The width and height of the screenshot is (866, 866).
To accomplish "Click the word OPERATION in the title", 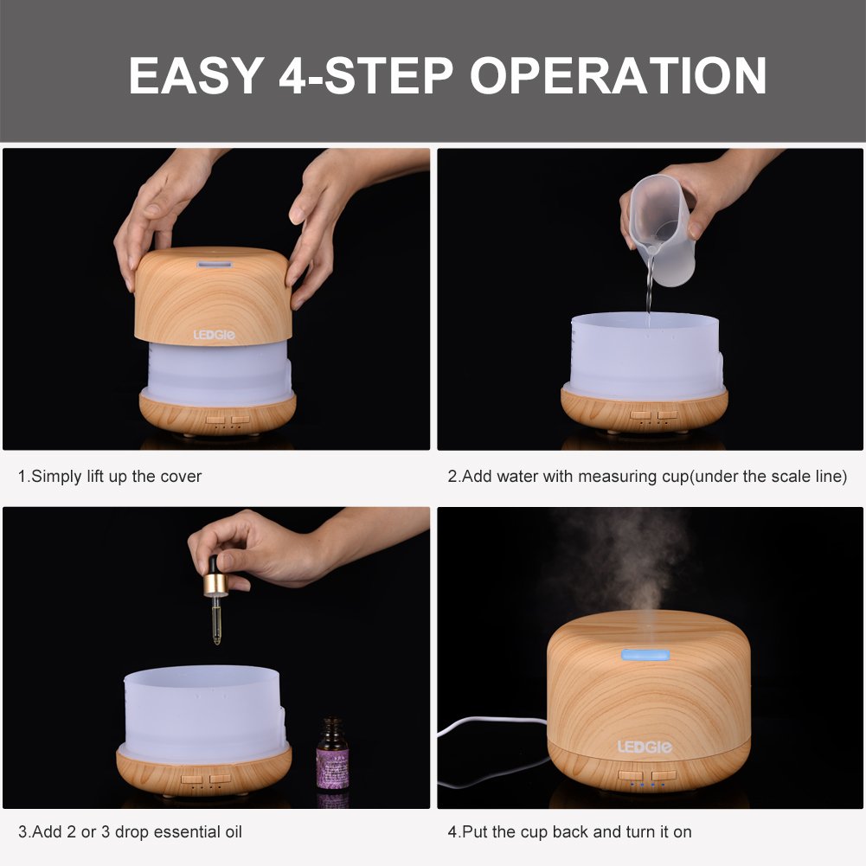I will (x=618, y=75).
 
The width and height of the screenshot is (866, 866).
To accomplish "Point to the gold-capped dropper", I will (x=215, y=597).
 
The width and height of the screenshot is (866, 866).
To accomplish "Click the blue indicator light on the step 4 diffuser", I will (x=635, y=654).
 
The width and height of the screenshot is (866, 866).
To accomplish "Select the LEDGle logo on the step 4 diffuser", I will (x=645, y=746).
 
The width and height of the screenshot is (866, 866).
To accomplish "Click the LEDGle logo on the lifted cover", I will (x=218, y=334).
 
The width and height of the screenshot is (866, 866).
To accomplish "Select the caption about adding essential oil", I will (x=130, y=832).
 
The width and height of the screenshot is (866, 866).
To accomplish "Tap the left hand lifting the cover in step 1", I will (x=160, y=208).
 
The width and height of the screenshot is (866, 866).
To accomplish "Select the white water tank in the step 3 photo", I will (x=203, y=709).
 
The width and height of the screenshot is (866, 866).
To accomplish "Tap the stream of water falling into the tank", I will (x=647, y=294).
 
